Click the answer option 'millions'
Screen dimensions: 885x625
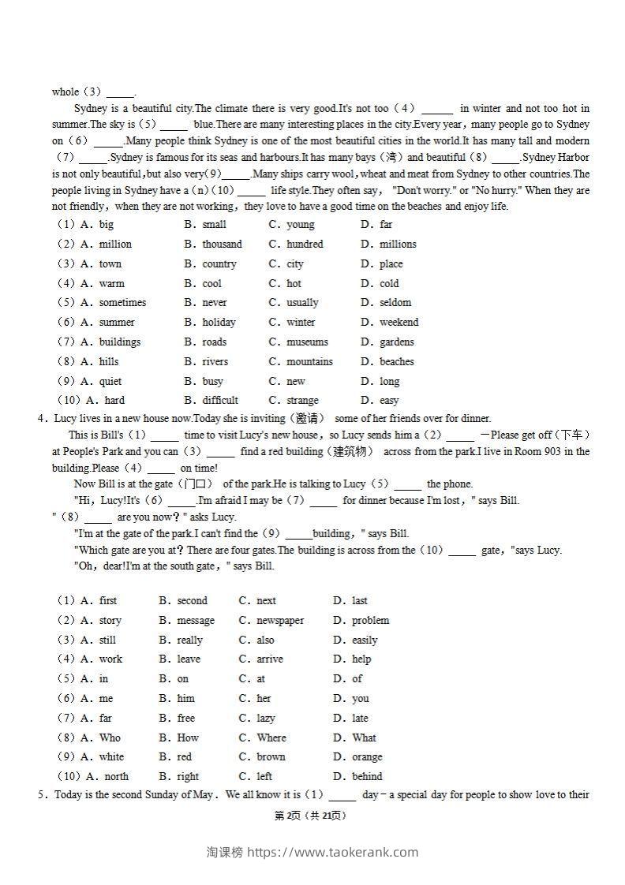pos(398,245)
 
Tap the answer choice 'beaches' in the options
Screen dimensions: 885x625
pos(396,362)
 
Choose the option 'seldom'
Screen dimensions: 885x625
pos(395,303)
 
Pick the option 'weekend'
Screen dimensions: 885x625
pos(399,323)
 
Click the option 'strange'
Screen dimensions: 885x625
pos(302,401)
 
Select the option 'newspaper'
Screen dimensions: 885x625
pos(280,621)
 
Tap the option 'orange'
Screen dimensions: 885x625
pos(367,757)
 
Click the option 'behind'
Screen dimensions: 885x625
pos(367,777)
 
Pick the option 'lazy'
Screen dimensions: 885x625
pos(266,719)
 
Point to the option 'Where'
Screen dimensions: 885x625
pos(271,738)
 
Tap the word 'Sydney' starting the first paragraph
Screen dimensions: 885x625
pos(91,109)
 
